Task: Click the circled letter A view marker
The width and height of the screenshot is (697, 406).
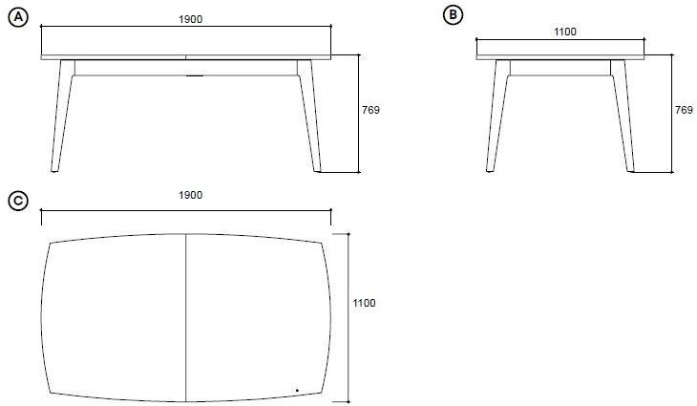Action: coord(18,17)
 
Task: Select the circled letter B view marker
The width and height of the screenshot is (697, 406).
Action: coord(453,15)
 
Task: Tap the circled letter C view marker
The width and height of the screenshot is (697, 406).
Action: coord(18,201)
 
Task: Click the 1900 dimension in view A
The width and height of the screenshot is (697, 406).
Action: coord(190,19)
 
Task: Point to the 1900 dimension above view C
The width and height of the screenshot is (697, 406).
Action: coord(190,195)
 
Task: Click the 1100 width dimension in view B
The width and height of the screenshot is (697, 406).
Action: coord(565,32)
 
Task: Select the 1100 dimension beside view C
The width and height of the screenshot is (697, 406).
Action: coord(364,303)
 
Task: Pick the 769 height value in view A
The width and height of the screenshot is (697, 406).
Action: coord(371,110)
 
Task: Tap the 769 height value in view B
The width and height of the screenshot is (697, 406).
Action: coord(684,110)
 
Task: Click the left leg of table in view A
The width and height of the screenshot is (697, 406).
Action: coord(62,116)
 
